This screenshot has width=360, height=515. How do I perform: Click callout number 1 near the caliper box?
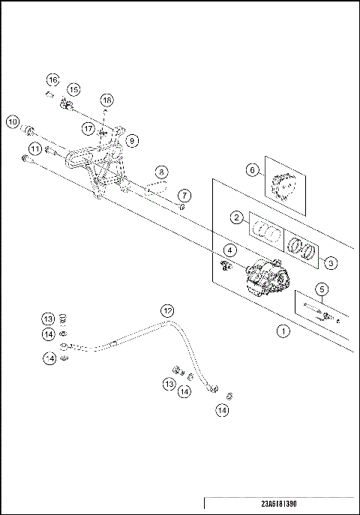point(282,329)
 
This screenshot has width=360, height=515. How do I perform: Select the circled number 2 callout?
point(235,218)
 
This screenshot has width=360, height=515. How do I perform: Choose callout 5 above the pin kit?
point(320,289)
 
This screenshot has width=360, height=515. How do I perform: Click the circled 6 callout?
point(253,170)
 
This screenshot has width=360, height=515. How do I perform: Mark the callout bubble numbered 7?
point(184,196)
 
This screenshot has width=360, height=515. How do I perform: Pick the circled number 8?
point(162,172)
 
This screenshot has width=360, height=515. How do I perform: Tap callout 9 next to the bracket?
point(132,140)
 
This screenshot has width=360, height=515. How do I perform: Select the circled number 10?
point(12,121)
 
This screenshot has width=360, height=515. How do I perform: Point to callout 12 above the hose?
point(167,310)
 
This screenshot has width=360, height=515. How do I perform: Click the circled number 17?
point(90,129)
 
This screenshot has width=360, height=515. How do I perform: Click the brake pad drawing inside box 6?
point(285,186)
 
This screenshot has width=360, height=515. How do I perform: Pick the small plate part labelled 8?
point(156,188)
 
